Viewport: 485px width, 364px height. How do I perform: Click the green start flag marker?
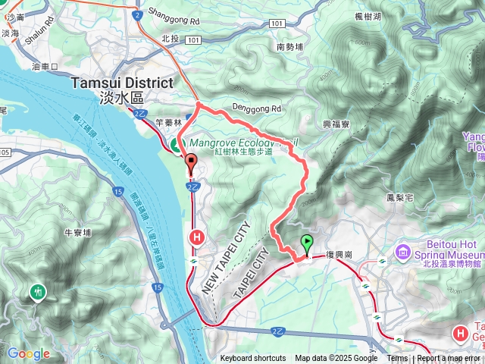tap(307, 244)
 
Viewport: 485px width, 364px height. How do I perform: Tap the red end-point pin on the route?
tap(190, 162)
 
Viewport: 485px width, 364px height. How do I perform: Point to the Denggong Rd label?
tap(257, 108)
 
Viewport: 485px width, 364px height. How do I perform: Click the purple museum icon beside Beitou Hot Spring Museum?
tap(402, 251)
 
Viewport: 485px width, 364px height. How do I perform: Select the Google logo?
tap(28, 353)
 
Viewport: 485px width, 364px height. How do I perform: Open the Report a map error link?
tap(450, 359)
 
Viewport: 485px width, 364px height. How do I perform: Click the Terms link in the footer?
tap(397, 359)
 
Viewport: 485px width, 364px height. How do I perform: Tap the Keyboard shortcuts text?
tap(253, 359)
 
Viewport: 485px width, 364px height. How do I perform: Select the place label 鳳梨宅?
tap(399, 197)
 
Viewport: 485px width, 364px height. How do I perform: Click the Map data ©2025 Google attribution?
tap(336, 359)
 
